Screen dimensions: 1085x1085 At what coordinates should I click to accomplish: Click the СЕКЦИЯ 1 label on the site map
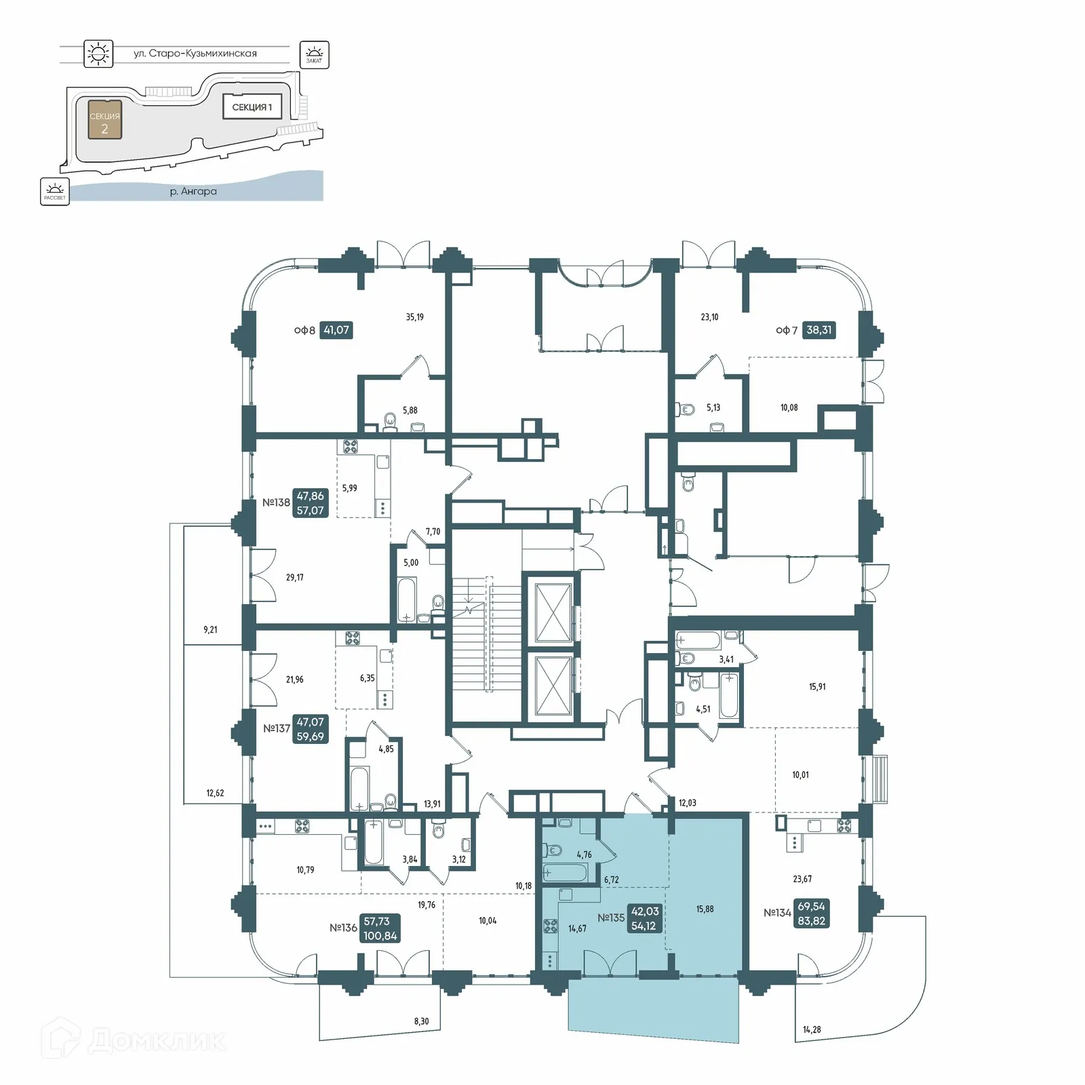(252, 107)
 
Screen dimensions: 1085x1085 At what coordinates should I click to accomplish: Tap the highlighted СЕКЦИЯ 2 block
(104, 119)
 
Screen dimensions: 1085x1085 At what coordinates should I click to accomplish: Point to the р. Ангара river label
(193, 191)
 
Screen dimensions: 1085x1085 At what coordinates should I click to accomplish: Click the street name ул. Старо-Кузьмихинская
(195, 53)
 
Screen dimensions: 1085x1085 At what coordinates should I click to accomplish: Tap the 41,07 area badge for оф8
(336, 330)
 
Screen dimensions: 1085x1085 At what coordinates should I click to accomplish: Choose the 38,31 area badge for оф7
(818, 330)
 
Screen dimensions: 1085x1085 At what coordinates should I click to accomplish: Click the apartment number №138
(276, 502)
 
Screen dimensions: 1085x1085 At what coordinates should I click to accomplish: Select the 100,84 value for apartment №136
(380, 936)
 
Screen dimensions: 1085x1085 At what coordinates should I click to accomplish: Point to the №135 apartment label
(611, 918)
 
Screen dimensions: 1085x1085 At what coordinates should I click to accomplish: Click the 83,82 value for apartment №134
(811, 920)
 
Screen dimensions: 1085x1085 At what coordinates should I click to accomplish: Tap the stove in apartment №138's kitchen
(350, 447)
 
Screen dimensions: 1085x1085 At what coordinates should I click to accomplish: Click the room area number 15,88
(705, 909)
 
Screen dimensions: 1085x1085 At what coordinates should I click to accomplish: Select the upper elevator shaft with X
(553, 612)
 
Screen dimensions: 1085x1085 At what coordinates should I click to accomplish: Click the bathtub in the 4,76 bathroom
(563, 873)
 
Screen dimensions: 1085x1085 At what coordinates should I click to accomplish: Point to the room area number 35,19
(414, 317)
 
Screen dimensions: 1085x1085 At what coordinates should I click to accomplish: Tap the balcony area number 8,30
(420, 1021)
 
